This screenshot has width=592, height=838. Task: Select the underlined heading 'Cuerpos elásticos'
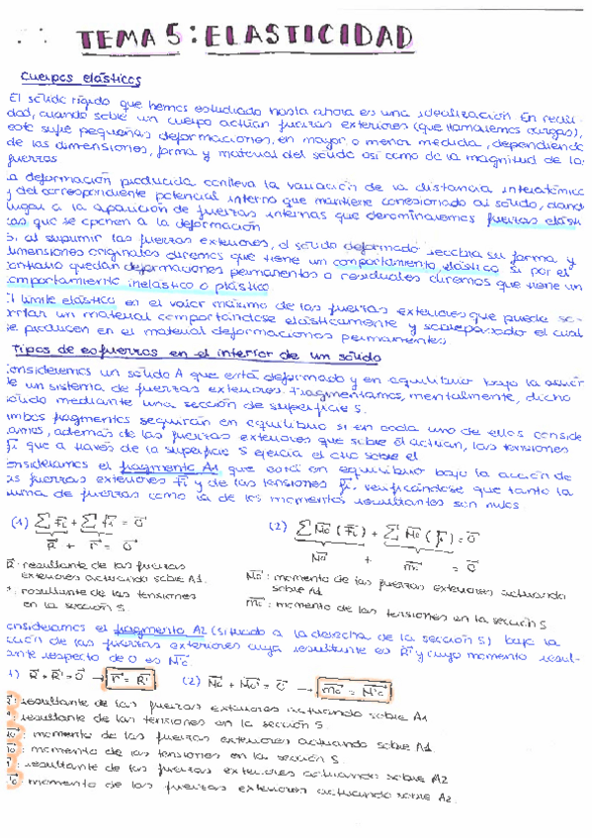81,78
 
